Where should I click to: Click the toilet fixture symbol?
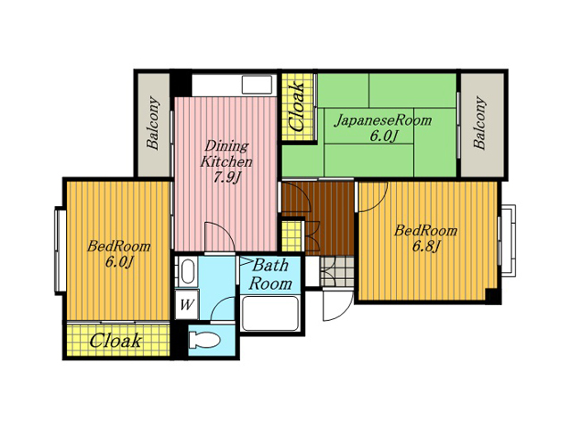point(204,341)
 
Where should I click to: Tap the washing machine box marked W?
point(186,304)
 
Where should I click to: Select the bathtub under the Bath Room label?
point(269,313)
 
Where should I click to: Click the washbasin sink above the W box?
point(187,270)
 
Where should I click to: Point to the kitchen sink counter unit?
point(232,86)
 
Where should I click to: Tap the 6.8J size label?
point(426,246)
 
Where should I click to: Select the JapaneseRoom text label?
point(383,120)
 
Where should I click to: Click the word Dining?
point(227,146)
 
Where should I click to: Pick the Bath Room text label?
point(270,275)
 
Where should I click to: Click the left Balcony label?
point(153,123)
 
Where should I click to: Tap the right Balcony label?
point(480,123)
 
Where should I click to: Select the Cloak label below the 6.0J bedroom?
point(115,341)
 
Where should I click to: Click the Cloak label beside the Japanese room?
point(296,107)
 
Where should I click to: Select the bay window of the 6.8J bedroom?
point(508,241)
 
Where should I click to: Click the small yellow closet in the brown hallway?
point(292,235)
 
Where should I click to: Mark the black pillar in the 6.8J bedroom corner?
point(493,295)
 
